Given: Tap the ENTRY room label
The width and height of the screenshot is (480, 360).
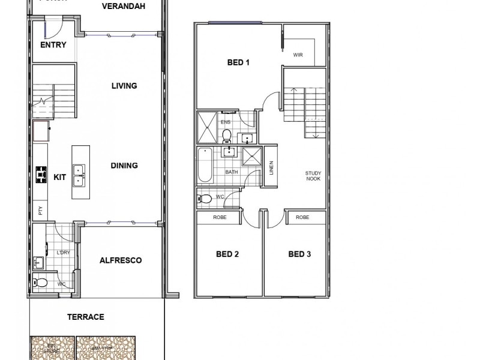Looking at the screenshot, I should (53, 45).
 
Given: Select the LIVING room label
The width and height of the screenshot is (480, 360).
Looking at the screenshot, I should (124, 86).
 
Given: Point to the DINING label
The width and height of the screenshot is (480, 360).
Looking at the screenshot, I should (124, 166).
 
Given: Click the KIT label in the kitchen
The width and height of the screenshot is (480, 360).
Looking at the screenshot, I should (60, 177).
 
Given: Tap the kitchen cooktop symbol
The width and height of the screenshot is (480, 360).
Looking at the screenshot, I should (41, 174).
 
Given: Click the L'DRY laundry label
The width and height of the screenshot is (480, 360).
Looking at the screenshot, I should (63, 253).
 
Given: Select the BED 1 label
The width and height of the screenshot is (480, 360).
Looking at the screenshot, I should (238, 62).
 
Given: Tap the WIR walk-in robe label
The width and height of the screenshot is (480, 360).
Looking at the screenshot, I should (298, 55).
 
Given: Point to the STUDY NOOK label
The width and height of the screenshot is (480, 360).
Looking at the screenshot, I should (313, 176).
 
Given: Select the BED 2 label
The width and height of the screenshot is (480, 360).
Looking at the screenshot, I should (227, 254).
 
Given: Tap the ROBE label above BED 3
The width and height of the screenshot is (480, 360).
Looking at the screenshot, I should (302, 217).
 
